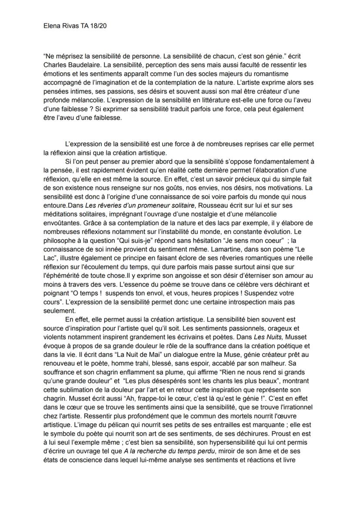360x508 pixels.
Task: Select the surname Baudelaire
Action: (x=80, y=64)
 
